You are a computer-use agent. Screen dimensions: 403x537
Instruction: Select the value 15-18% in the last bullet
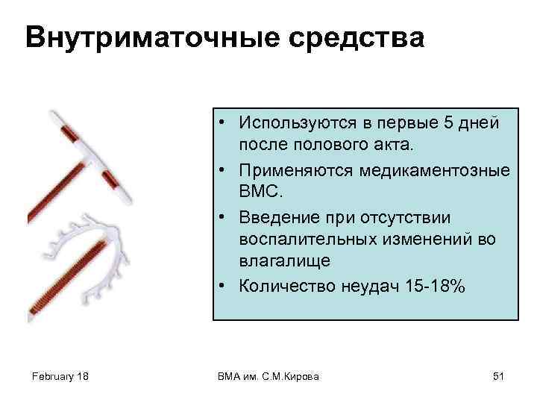click(434, 287)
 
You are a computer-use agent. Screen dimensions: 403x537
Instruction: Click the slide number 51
click(499, 377)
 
